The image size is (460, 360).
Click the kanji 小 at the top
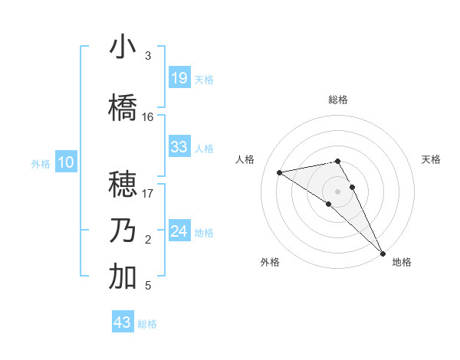point(123,47)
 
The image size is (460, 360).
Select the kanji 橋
point(123,108)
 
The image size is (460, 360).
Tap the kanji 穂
point(123,185)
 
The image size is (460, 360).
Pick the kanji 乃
point(123,231)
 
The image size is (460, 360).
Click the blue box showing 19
point(179,78)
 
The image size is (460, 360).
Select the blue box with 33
point(179,147)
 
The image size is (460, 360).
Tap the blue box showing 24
point(179,231)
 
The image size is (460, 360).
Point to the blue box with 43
point(123,322)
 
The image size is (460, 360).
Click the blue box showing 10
point(66,162)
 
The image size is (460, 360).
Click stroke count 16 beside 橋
point(148,117)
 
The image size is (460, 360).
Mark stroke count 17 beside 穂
point(148,194)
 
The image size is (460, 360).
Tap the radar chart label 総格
point(338,100)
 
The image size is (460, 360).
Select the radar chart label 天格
point(431,159)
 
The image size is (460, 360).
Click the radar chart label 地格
point(402,262)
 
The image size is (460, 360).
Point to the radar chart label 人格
point(245,159)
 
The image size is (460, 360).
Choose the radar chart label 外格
point(270,262)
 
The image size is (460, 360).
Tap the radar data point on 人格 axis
point(280,172)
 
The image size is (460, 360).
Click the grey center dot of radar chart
point(338,191)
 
